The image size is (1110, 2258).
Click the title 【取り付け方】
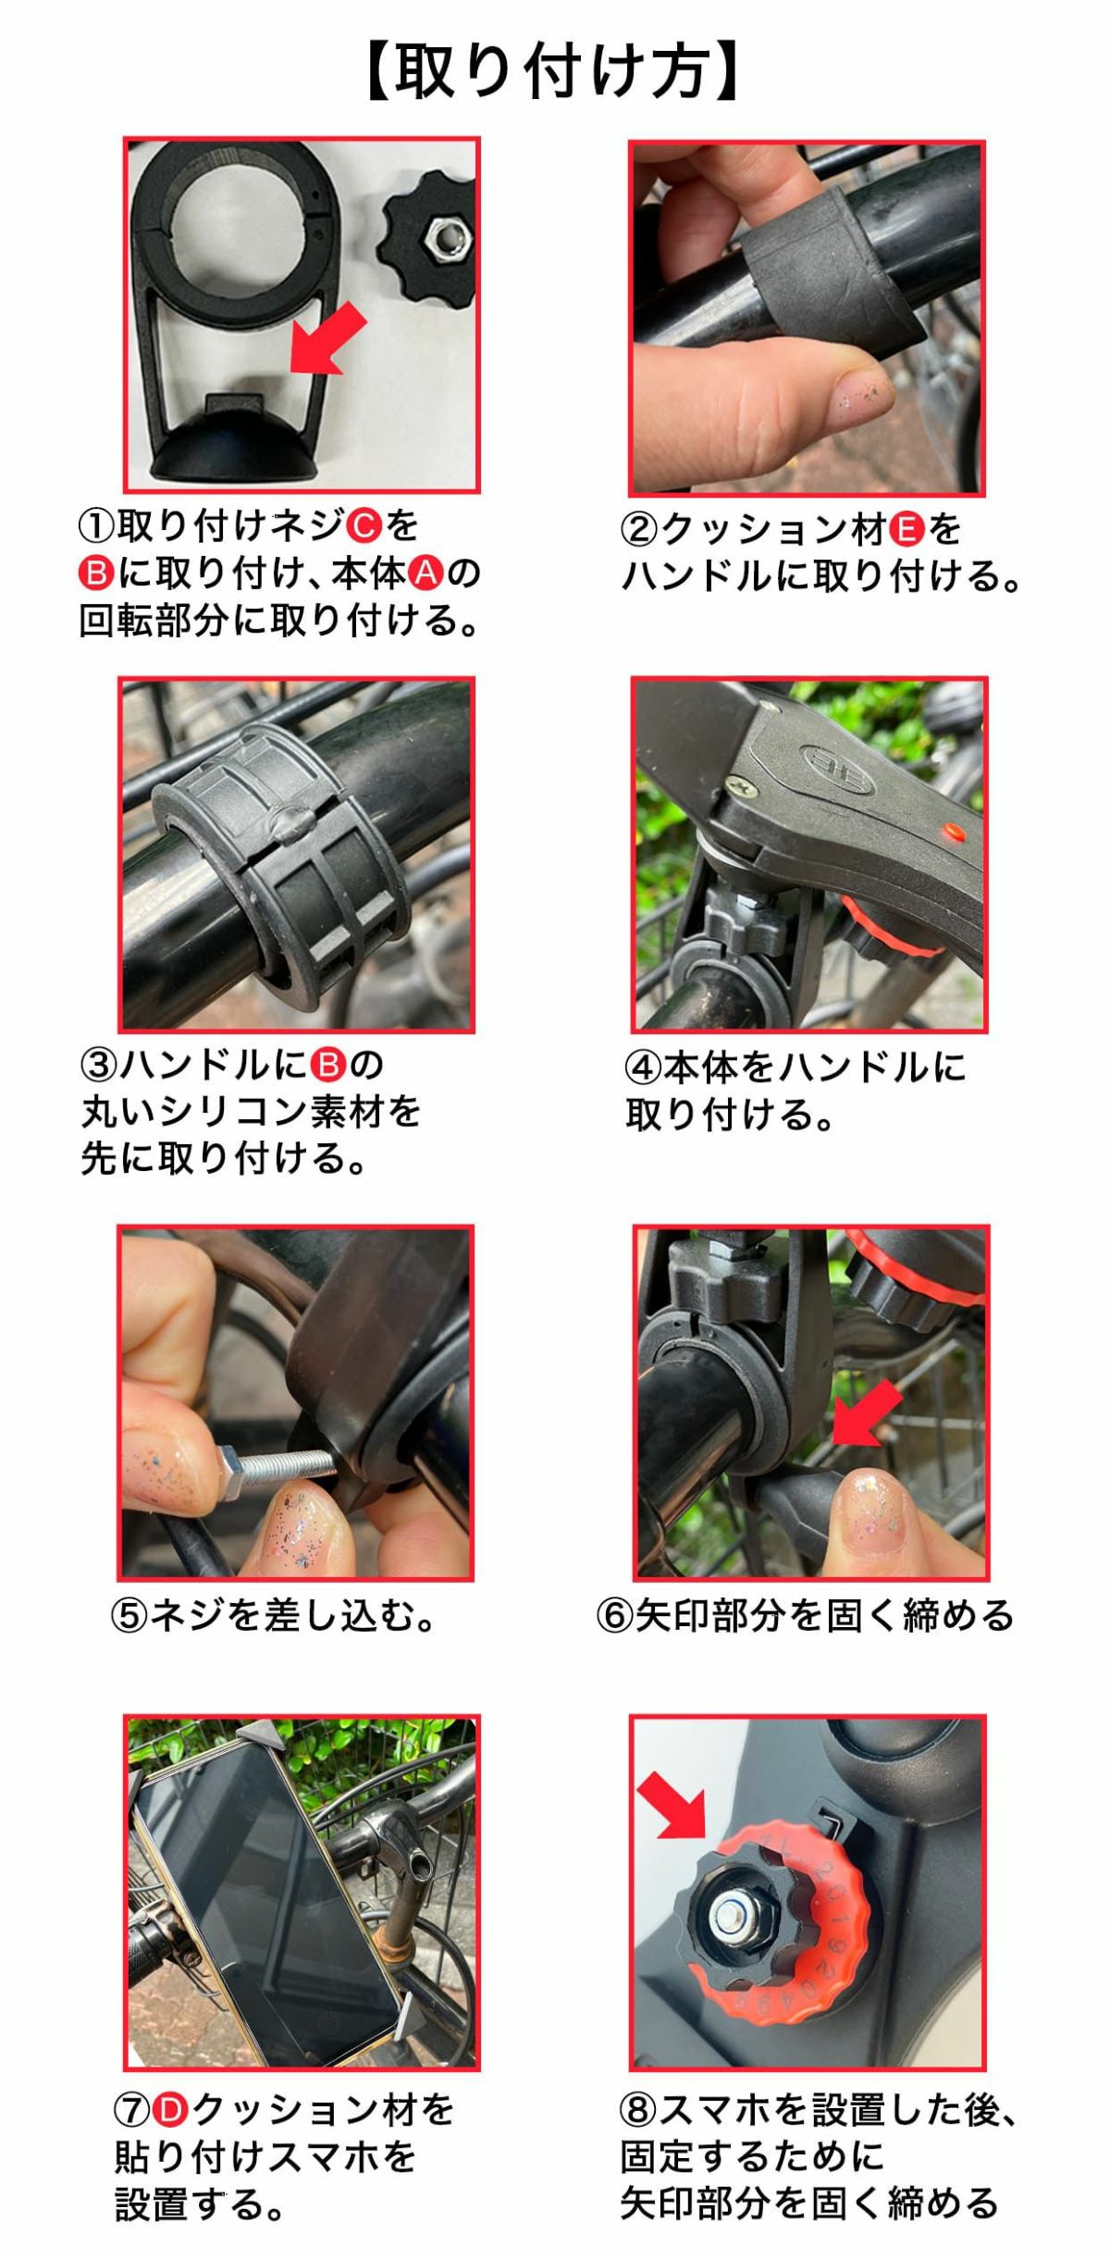554,72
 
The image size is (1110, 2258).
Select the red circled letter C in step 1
364,526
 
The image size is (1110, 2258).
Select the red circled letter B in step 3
327,1065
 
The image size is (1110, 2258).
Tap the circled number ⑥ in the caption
613,1617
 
